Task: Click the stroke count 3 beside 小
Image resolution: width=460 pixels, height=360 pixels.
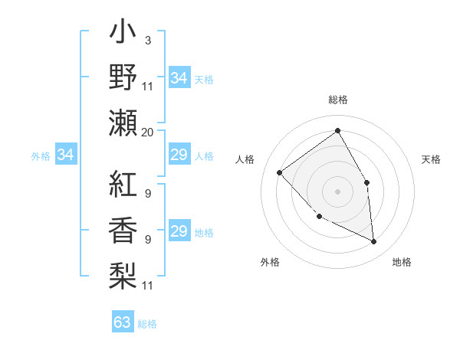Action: click(147, 39)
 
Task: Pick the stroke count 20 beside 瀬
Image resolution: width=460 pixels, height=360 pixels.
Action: click(147, 133)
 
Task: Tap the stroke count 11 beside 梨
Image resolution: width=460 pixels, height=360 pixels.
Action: click(147, 286)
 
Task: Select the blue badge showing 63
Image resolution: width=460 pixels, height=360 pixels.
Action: click(123, 322)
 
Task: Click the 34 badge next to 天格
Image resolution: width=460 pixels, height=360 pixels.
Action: click(179, 78)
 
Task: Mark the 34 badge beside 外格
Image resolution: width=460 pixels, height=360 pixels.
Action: click(66, 155)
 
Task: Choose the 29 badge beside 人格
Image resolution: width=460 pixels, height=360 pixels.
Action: click(179, 155)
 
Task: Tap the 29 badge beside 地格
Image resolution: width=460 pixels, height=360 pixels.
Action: click(179, 231)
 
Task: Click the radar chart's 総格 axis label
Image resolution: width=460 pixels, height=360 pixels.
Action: click(337, 100)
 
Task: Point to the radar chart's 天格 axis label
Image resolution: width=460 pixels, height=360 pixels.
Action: click(431, 159)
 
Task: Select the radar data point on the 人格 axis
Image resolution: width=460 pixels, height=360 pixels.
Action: click(280, 173)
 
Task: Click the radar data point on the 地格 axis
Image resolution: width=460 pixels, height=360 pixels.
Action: click(373, 241)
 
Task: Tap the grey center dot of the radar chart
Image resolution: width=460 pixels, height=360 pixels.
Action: click(337, 191)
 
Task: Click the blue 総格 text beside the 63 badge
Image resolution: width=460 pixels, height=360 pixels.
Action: click(147, 324)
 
